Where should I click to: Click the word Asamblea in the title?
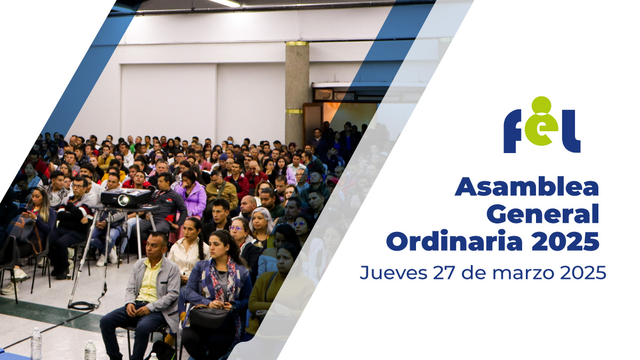[x=526, y=187]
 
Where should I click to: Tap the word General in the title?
[x=542, y=214]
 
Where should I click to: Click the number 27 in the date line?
[x=443, y=273]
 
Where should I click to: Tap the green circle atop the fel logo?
[x=541, y=105]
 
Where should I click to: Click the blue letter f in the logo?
[x=513, y=131]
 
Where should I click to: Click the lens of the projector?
[x=123, y=201]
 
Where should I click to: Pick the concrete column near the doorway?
[x=297, y=93]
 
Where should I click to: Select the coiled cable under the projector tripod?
[x=83, y=306]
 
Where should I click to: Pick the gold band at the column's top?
[x=297, y=43]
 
